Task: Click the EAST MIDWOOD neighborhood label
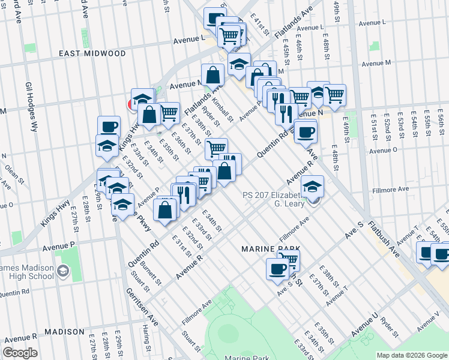[x=92, y=53]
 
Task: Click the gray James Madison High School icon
[x=62, y=272]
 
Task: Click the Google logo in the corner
[x=20, y=353]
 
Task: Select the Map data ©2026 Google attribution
[x=411, y=355]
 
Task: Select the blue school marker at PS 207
[x=312, y=186]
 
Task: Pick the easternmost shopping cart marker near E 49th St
[x=334, y=94]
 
